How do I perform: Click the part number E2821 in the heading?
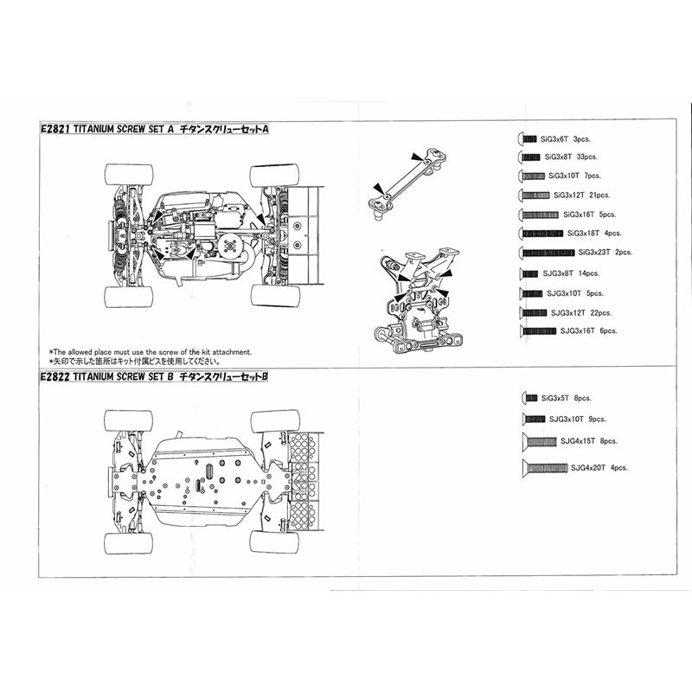[55, 128]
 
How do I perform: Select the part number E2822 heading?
[55, 377]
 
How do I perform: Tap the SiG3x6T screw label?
[551, 138]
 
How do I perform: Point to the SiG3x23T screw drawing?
[547, 252]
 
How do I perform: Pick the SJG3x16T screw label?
[576, 330]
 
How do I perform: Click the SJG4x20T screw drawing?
[543, 468]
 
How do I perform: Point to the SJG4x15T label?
[576, 441]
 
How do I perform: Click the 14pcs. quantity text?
[587, 272]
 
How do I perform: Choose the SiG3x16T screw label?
[577, 214]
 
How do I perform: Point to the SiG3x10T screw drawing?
[530, 176]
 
